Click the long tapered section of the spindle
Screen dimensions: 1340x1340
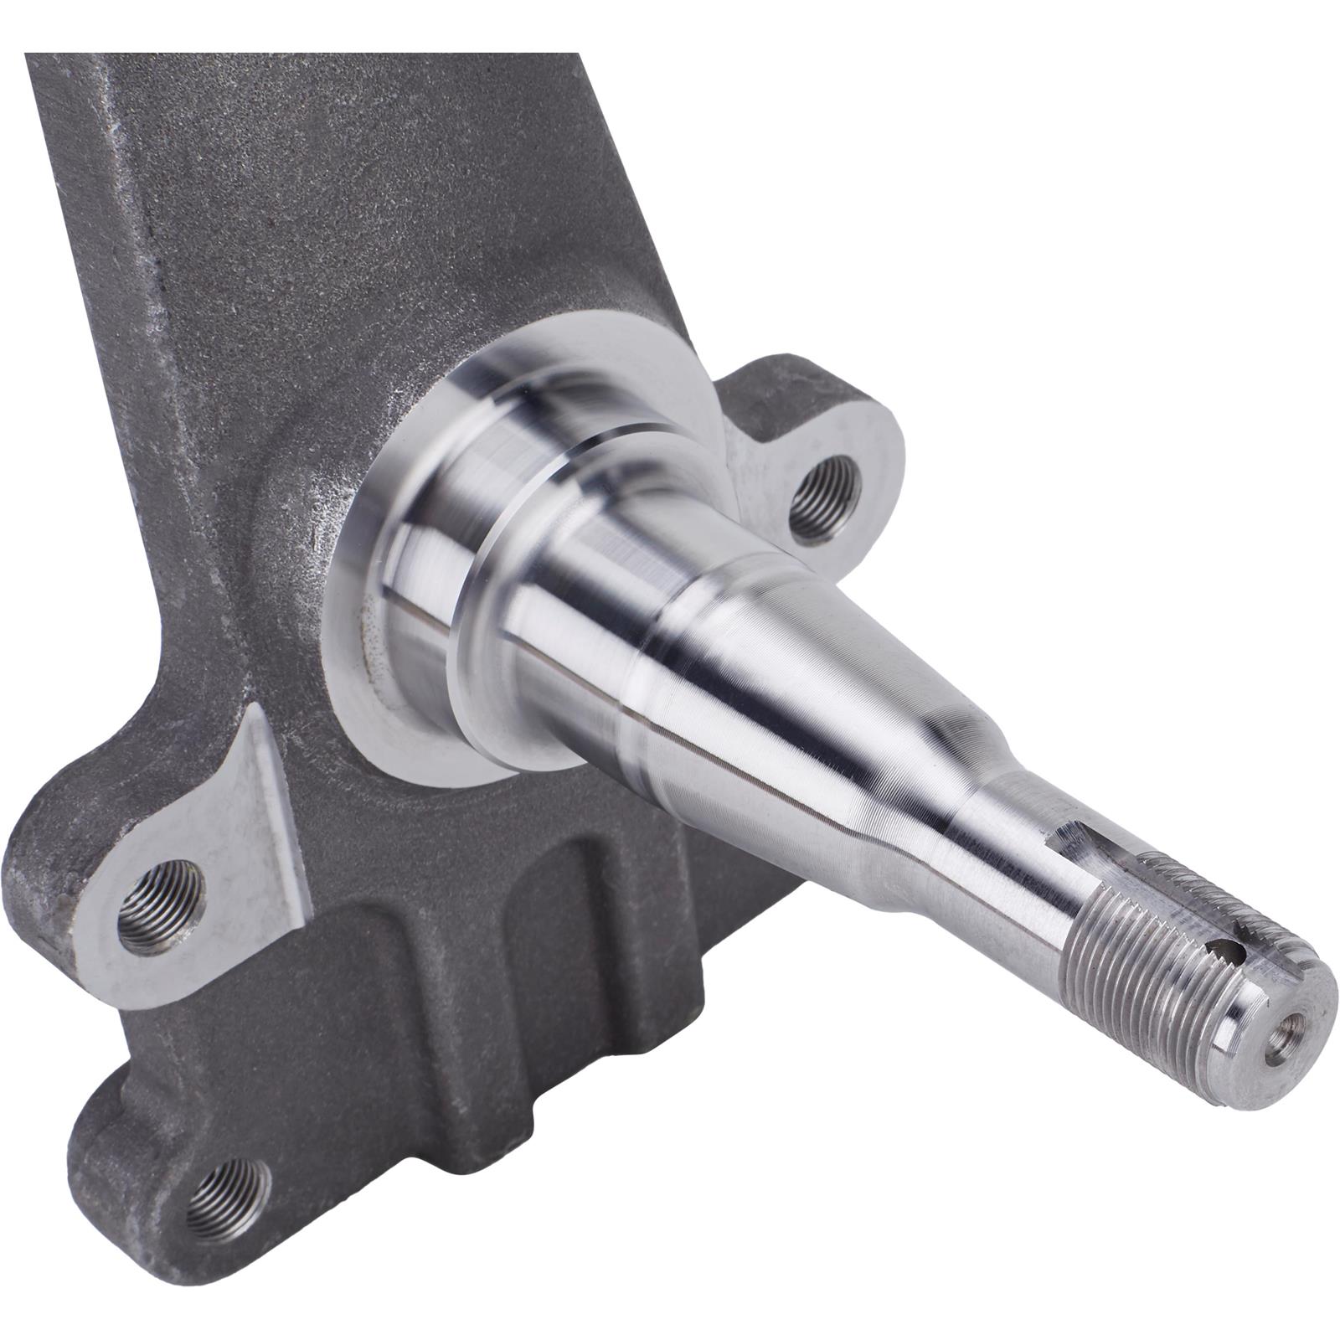click(x=779, y=670)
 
